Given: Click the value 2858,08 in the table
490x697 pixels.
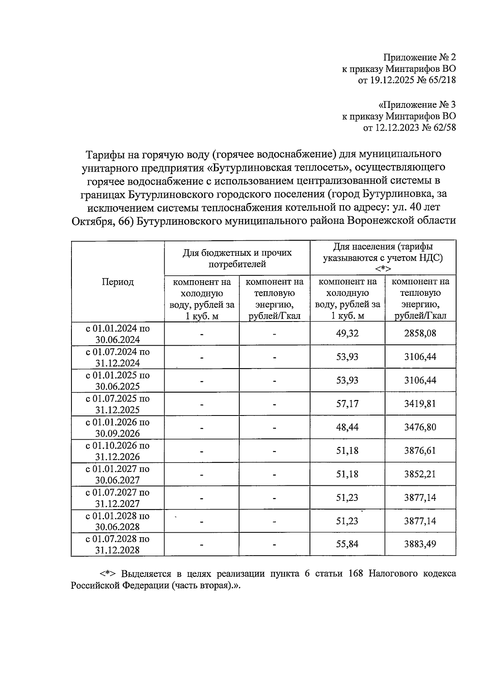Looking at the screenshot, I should (x=420, y=333).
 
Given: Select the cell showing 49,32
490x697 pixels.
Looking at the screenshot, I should (x=347, y=333).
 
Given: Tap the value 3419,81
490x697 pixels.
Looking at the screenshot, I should (x=420, y=404).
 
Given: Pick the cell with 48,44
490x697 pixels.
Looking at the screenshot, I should (x=347, y=427).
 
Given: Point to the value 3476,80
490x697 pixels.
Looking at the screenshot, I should (x=420, y=427).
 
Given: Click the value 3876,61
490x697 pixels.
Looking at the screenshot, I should (x=420, y=451).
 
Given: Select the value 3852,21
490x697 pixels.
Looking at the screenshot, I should (x=420, y=474).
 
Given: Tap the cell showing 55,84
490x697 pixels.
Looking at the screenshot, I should (x=347, y=544).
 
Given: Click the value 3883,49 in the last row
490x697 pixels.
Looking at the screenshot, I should (x=420, y=544).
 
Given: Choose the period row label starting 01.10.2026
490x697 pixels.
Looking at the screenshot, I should (x=118, y=451).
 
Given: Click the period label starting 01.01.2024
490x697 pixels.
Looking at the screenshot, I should (x=118, y=334).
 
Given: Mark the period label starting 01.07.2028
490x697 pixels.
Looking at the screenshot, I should (x=118, y=545).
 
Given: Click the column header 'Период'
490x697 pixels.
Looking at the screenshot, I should (x=118, y=282).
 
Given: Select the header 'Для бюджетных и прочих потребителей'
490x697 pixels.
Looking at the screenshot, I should (x=237, y=258).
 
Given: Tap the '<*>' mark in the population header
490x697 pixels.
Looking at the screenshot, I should (x=383, y=268).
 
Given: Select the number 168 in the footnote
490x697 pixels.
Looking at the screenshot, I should (x=356, y=574).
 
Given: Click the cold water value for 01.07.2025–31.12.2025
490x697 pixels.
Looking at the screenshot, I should (x=347, y=404).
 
